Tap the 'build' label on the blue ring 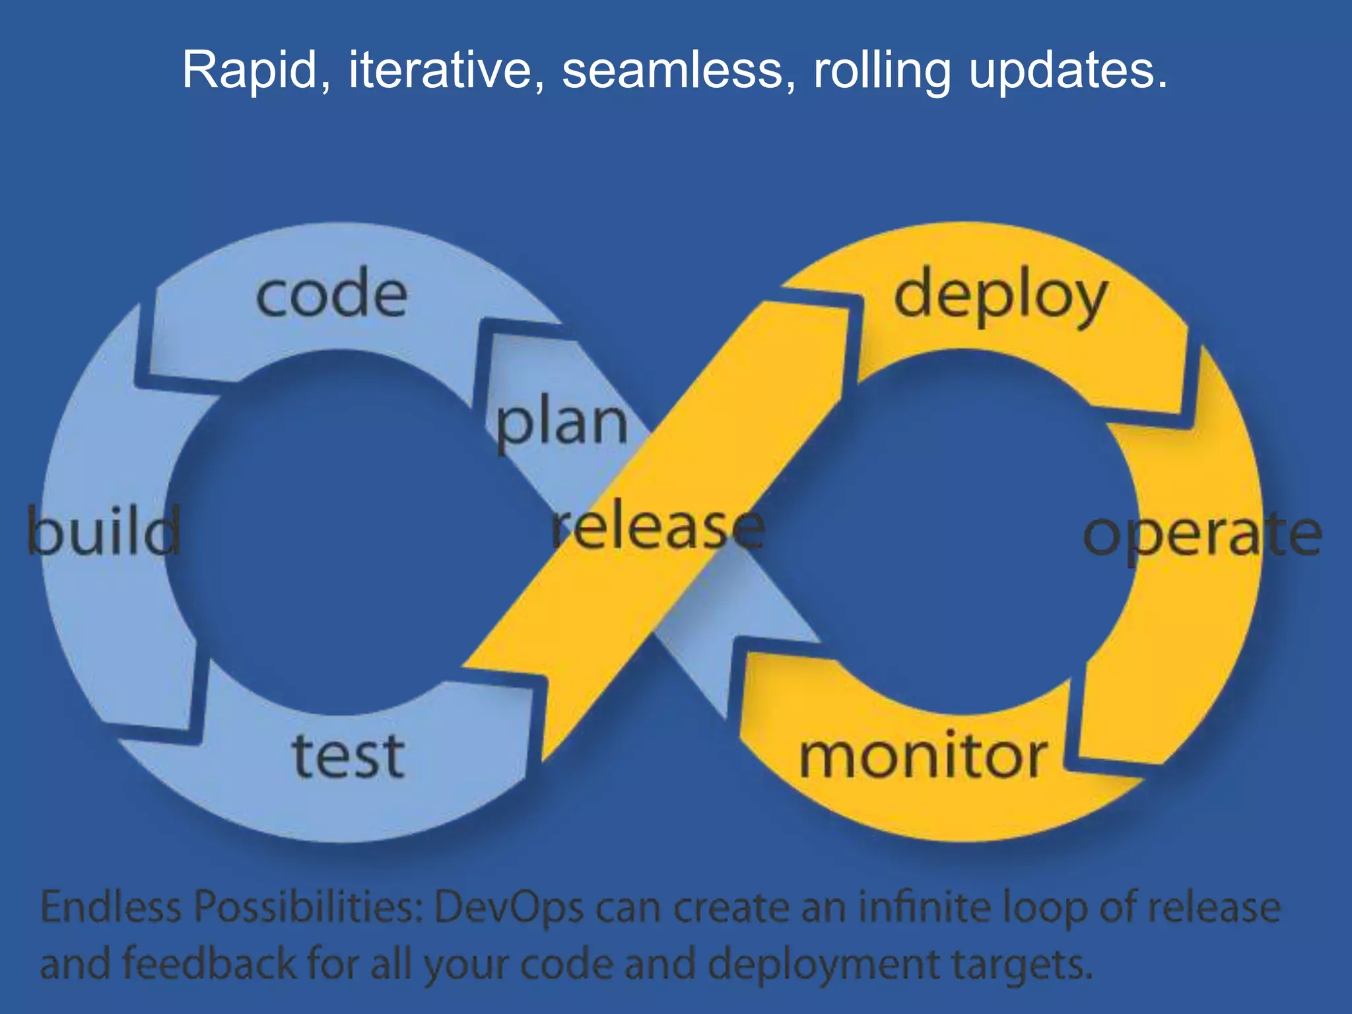pos(104,531)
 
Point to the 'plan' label pos(562,424)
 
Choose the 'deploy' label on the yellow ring pos(999,297)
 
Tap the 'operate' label pos(1202,535)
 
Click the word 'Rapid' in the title pos(250,70)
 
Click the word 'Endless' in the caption pos(111,907)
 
